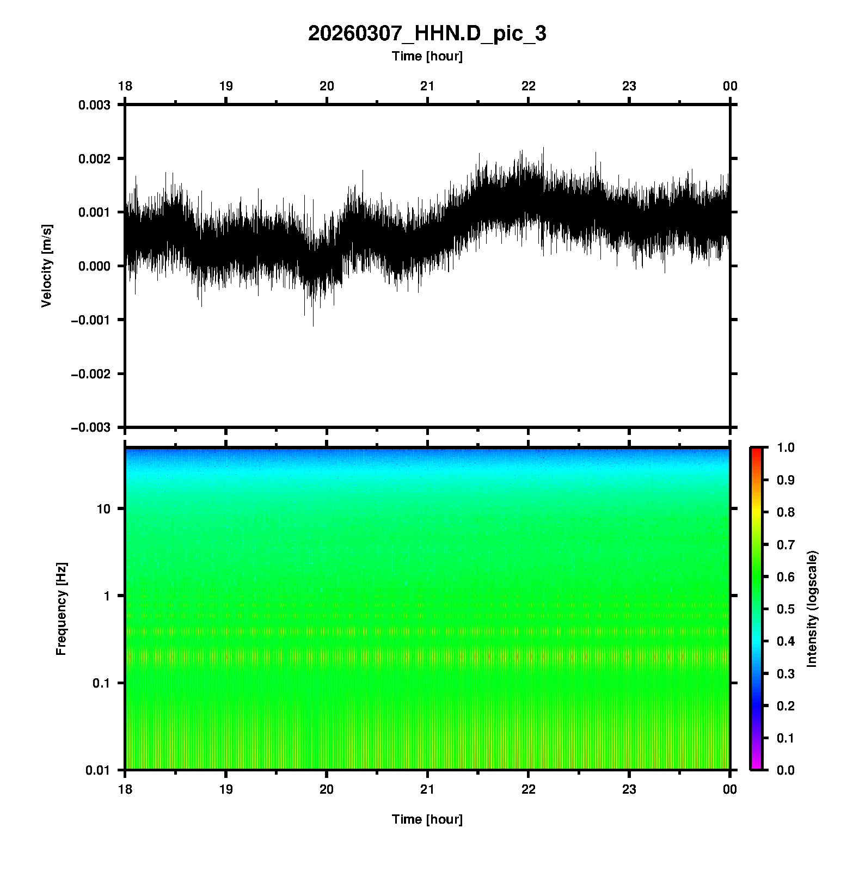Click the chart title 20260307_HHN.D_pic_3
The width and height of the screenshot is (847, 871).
(427, 34)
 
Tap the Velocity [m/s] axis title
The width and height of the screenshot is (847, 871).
(47, 266)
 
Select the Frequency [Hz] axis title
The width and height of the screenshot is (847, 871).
(61, 609)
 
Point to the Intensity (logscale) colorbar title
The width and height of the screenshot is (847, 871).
(812, 609)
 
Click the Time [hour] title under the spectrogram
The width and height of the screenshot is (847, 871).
(427, 819)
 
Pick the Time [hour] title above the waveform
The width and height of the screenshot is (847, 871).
(427, 56)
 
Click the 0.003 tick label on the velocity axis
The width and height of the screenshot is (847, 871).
(94, 105)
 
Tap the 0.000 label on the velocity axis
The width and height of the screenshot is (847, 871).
(94, 266)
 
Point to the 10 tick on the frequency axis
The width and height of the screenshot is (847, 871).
(103, 509)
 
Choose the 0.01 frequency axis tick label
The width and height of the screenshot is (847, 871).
(98, 770)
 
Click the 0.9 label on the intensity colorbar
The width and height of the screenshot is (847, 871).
(785, 480)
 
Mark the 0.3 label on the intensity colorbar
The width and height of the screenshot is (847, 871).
(785, 674)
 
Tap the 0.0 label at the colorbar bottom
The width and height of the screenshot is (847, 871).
(785, 770)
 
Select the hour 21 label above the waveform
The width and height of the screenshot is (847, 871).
(427, 86)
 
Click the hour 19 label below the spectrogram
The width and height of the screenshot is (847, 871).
(226, 789)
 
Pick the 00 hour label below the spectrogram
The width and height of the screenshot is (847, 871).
(730, 789)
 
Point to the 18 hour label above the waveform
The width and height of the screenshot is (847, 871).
(125, 86)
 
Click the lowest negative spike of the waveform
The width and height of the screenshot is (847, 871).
(313, 325)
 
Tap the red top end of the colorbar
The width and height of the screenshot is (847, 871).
(756, 451)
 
